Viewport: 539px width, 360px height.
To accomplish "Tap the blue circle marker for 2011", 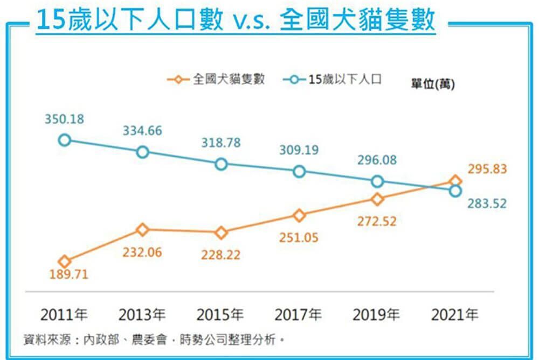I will (x=64, y=140).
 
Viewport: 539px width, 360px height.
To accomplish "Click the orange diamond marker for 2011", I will (x=64, y=262).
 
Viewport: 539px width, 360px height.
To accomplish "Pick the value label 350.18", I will (x=64, y=119).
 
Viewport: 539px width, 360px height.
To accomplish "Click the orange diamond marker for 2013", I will (x=142, y=229).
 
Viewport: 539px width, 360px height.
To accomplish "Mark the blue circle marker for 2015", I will (x=221, y=164).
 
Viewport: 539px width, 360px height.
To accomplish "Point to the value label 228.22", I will (x=221, y=255).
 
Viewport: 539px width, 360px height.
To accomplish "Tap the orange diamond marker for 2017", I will (x=299, y=215).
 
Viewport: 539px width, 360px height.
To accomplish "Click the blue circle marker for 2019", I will (x=377, y=181).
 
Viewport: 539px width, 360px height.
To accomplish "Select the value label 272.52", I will (x=377, y=221).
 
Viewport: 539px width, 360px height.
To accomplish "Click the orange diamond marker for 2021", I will (x=455, y=181).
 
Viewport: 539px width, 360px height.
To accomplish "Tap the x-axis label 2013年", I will (x=142, y=315).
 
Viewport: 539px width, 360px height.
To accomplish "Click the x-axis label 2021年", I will (x=454, y=315).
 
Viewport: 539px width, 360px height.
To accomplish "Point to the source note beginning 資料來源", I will (x=154, y=340).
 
